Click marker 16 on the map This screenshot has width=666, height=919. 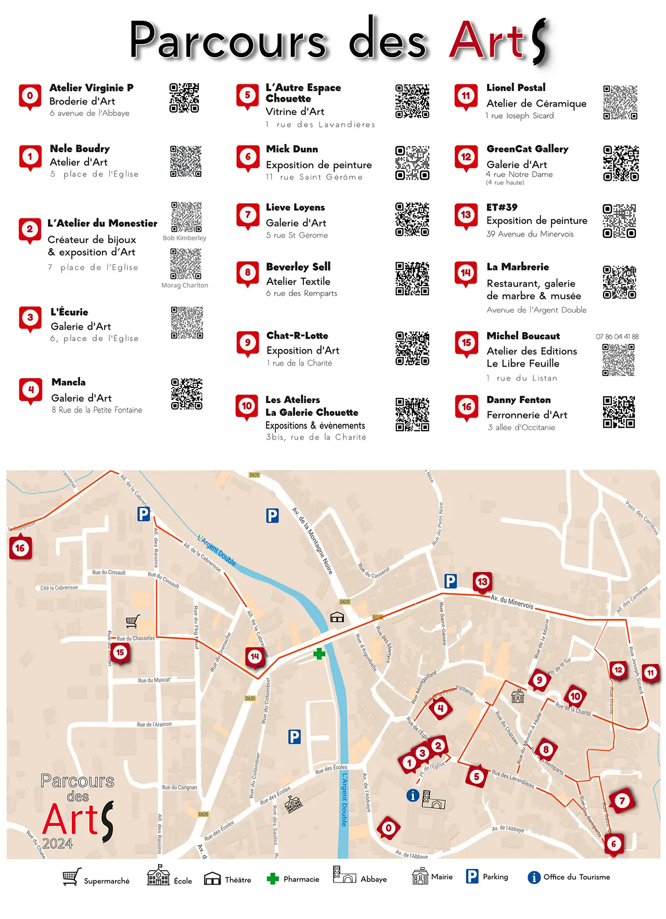[20, 548]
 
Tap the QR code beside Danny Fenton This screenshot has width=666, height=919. [619, 412]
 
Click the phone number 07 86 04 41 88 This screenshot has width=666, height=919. [617, 336]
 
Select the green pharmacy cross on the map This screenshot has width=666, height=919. [319, 653]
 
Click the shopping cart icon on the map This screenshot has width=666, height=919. [133, 621]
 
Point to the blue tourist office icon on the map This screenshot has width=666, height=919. [413, 795]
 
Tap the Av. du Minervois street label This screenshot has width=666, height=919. [512, 602]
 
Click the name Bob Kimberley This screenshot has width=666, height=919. [184, 238]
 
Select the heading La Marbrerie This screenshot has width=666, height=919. [518, 267]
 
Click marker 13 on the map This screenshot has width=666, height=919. [482, 581]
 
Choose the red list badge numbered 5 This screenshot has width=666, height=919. [248, 95]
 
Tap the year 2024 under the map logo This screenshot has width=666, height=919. [58, 843]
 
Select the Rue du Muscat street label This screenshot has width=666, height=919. [154, 680]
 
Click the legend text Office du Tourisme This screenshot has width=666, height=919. [577, 877]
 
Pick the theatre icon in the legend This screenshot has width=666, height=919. [212, 878]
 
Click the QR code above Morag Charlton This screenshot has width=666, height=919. [186, 263]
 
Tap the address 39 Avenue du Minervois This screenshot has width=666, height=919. [530, 234]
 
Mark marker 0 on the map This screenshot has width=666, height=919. [389, 828]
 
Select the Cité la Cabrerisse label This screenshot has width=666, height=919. [59, 588]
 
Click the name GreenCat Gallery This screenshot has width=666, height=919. [527, 149]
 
